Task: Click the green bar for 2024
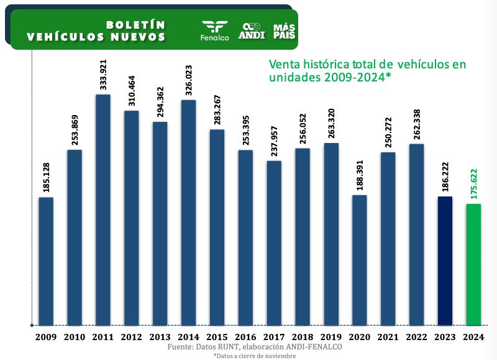[473, 264]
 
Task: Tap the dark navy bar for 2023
[445, 261]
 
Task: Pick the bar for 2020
[359, 260]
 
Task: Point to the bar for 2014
[189, 212]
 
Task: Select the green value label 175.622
[473, 184]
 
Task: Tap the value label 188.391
[359, 175]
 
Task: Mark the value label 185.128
[46, 178]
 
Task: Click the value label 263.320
[331, 123]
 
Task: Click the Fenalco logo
[215, 30]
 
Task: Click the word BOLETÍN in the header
[135, 25]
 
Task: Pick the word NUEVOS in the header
[136, 37]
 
